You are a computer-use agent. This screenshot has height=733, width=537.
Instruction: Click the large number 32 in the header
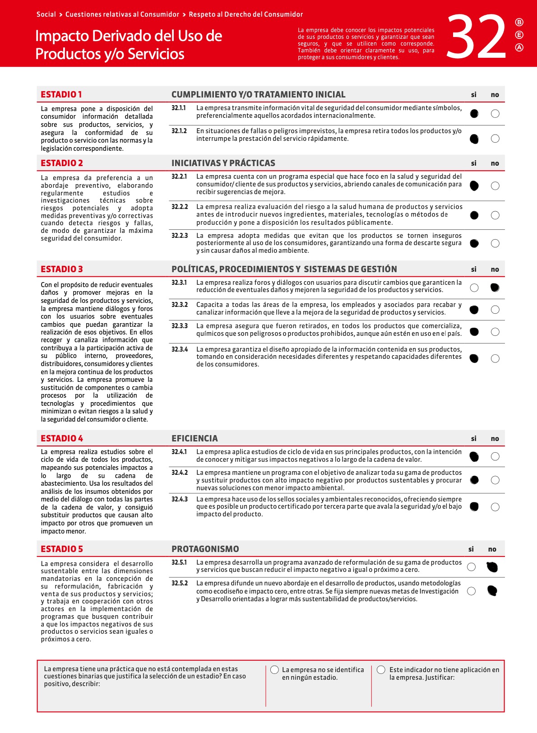(477, 37)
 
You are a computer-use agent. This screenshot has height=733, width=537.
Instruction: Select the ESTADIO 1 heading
(61, 94)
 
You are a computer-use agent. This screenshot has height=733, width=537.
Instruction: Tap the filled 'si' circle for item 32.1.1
(474, 113)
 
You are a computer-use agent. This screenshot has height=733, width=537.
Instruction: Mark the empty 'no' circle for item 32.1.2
(495, 139)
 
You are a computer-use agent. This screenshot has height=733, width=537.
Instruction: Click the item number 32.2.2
(180, 207)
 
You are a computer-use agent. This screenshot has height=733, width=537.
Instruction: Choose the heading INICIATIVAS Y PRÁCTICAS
(223, 163)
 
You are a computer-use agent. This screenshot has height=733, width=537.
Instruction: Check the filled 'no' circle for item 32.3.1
(495, 288)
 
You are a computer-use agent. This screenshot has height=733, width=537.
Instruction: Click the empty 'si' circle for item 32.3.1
(474, 288)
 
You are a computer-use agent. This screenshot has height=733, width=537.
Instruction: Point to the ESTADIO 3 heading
(62, 269)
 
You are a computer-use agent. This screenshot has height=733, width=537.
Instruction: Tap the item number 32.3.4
(180, 349)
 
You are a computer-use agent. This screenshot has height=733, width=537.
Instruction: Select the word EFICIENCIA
(194, 438)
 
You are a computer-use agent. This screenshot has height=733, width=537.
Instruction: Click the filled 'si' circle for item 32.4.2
(474, 480)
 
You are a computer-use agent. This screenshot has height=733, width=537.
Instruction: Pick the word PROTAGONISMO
(205, 549)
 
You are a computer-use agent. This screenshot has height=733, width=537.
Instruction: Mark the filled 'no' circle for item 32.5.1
(492, 567)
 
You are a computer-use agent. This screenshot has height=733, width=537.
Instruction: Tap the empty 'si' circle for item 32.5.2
(471, 591)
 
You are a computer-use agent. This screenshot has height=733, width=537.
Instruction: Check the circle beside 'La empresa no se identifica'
(274, 670)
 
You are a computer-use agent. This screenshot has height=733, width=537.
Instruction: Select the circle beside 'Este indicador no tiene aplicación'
(381, 670)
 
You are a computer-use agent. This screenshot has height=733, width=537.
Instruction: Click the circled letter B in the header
(519, 22)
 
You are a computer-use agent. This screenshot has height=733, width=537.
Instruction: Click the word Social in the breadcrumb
(46, 14)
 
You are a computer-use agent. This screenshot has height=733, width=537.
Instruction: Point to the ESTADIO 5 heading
(62, 549)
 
